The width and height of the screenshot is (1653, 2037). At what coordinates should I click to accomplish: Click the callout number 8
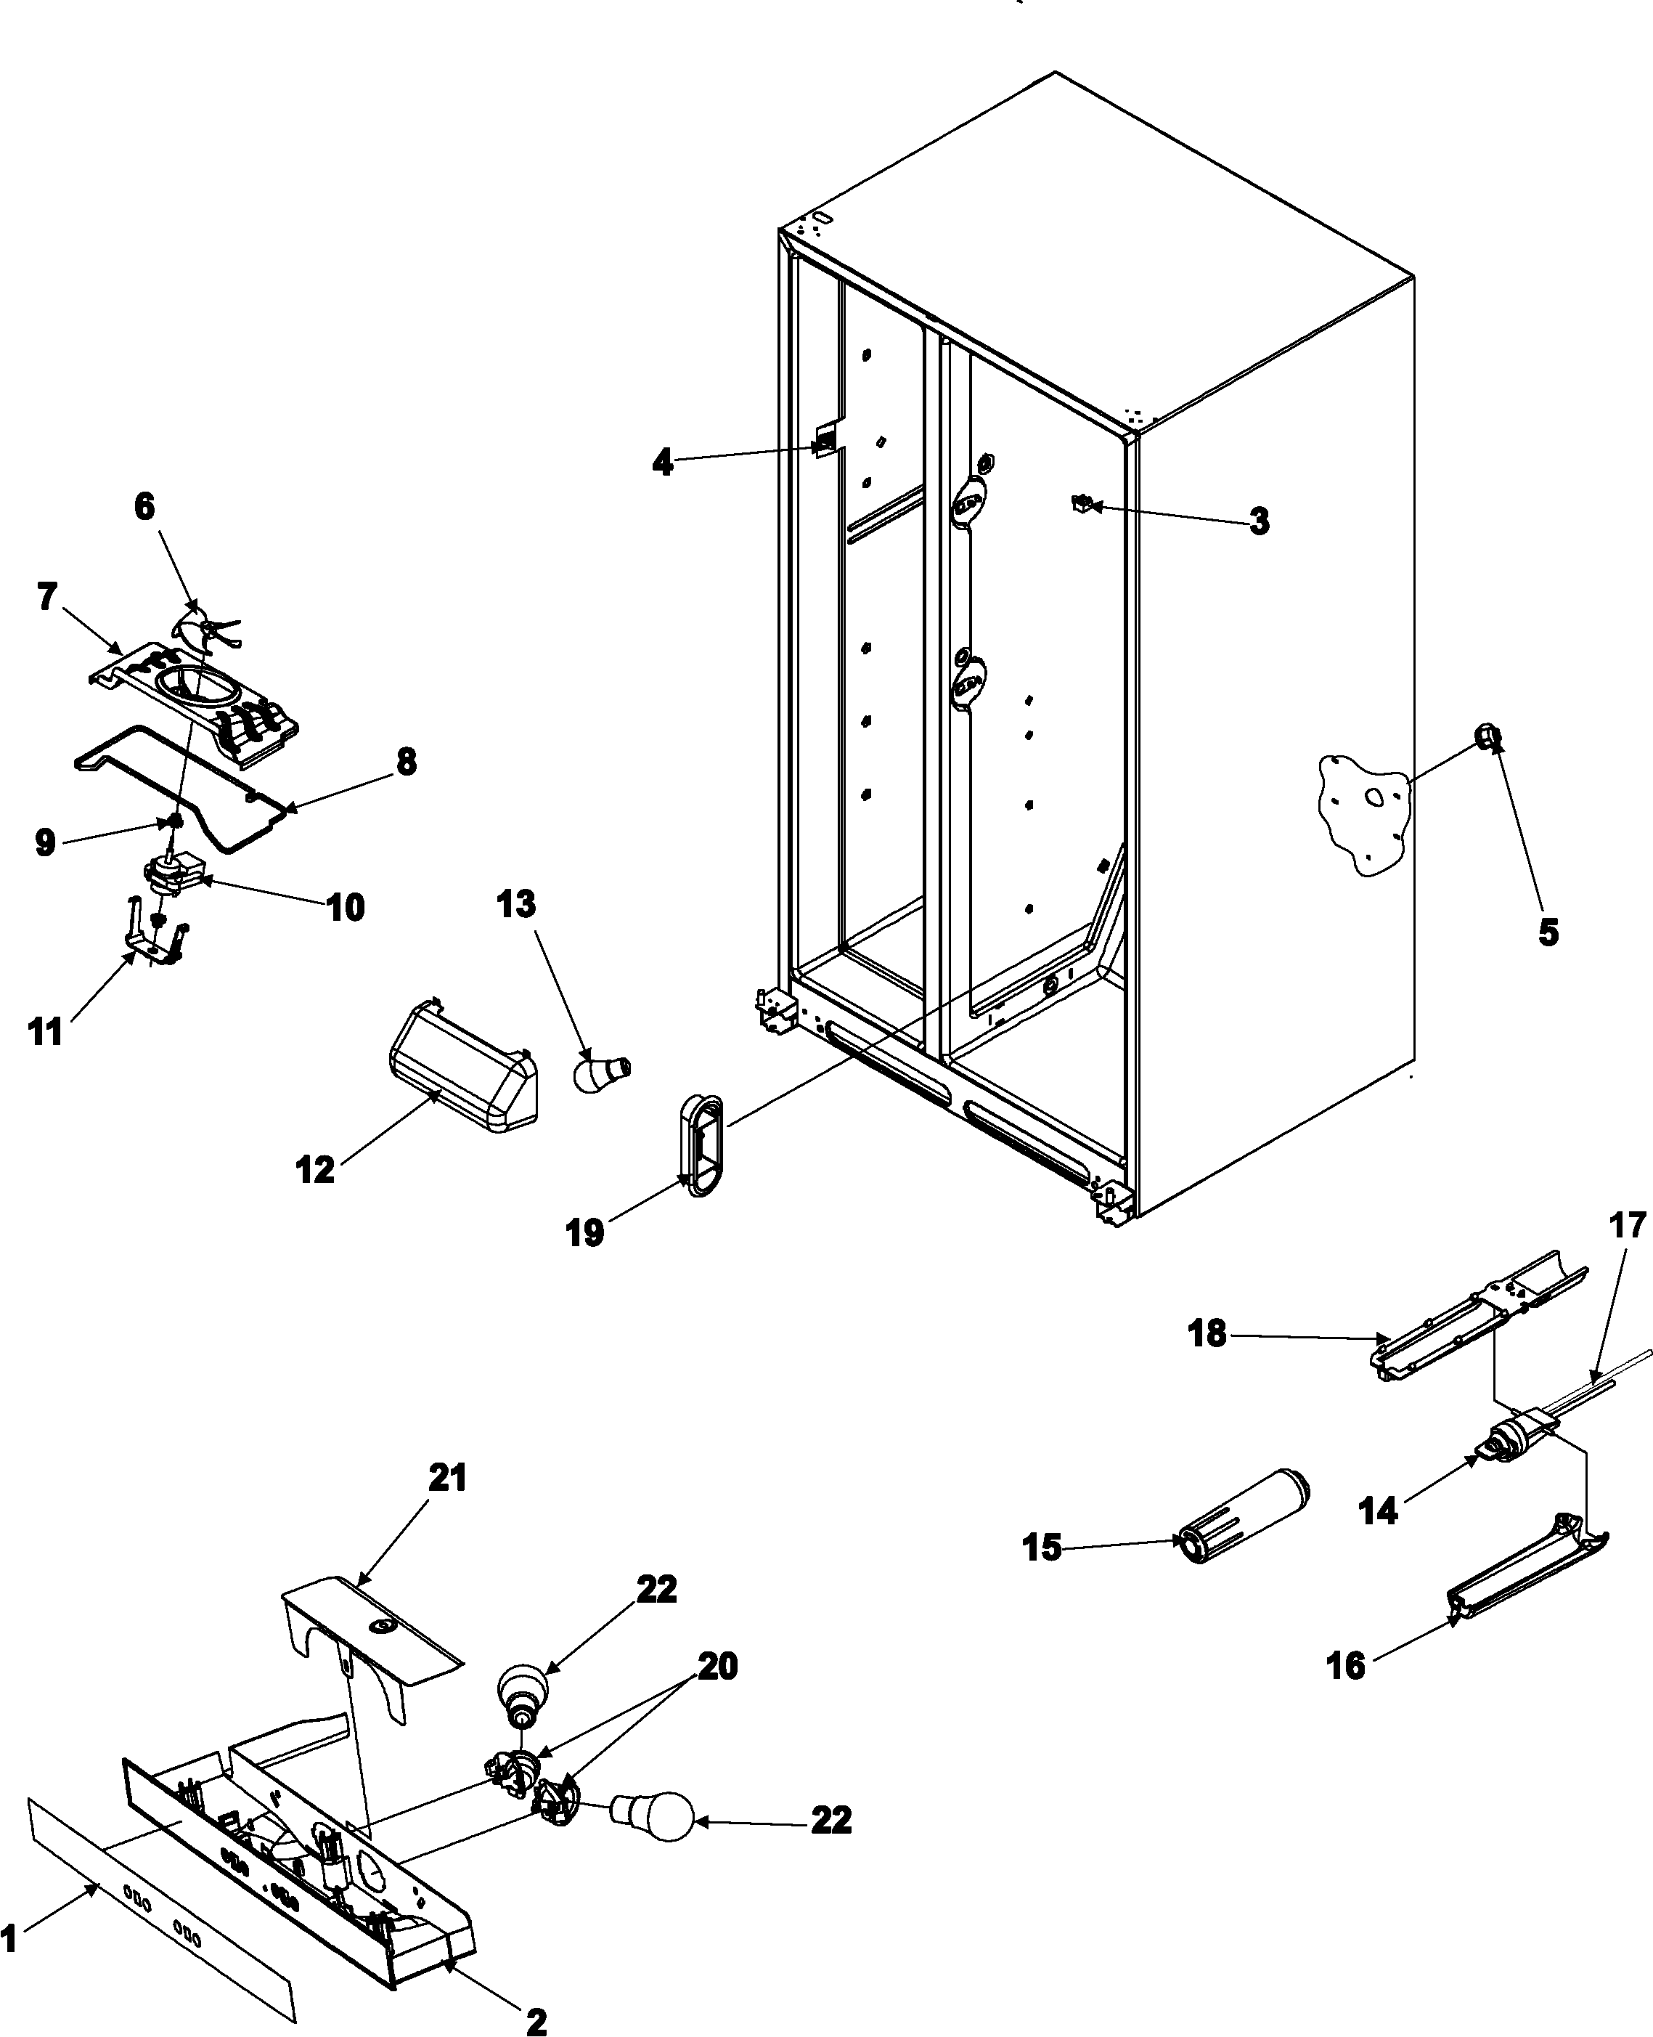407,762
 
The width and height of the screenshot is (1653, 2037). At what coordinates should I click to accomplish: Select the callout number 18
1207,1334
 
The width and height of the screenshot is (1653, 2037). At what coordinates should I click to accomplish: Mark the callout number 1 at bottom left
9,1938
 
